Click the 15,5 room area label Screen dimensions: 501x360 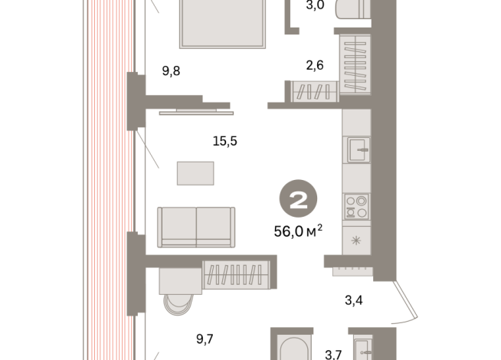tap(225, 141)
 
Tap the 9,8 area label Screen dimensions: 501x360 tap(172, 70)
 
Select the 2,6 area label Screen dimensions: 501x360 tap(315, 65)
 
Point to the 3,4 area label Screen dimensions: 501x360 tap(354, 300)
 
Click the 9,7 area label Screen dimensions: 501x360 tap(205, 339)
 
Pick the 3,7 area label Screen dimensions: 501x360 tap(333, 355)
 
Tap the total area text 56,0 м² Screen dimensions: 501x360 tap(298, 231)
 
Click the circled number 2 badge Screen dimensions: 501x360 tap(299, 198)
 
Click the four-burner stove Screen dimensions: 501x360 tap(356, 207)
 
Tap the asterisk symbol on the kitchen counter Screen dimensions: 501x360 tap(356, 241)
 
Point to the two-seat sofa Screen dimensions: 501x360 tap(196, 227)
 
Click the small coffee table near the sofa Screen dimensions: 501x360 tap(195, 173)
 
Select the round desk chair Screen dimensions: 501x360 tap(178, 304)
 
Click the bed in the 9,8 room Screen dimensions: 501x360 tap(223, 24)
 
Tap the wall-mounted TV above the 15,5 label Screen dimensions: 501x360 tap(196, 112)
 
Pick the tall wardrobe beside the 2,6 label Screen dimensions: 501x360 tap(355, 64)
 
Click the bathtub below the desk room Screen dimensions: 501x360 tap(294, 349)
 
